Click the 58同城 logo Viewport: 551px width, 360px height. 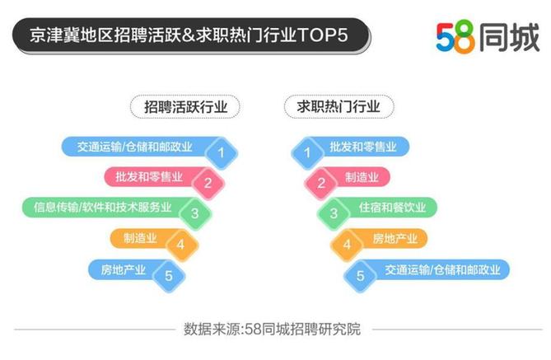tap(488, 36)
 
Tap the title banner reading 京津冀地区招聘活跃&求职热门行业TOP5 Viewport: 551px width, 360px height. tap(191, 35)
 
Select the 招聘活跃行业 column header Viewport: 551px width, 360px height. tap(185, 106)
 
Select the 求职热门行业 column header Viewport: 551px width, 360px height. tap(339, 106)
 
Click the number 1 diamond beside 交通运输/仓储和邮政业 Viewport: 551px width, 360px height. tap(221, 153)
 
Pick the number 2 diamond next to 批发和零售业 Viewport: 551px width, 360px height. tap(208, 183)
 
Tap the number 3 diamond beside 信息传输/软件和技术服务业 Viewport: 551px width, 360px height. tap(195, 213)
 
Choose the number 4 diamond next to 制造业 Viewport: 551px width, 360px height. tap(181, 245)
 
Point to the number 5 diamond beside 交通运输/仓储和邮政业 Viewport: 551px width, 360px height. tap(360, 276)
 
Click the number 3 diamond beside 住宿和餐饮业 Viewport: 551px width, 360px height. tap(334, 213)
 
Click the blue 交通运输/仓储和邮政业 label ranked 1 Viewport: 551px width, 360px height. tap(135, 147)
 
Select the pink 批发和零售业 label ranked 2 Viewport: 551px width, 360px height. tap(149, 177)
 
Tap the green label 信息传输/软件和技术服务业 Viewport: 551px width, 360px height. tap(103, 208)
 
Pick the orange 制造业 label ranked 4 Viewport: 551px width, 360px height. tap(140, 238)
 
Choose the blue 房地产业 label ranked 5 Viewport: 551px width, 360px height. tap(123, 269)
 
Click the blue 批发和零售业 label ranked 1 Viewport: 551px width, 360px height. tap(362, 147)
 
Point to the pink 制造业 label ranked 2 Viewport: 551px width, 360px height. tap(362, 177)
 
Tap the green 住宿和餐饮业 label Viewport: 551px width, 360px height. tap(392, 208)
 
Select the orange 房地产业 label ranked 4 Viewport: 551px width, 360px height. tap(395, 238)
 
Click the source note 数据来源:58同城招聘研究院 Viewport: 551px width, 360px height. tap(273, 329)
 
